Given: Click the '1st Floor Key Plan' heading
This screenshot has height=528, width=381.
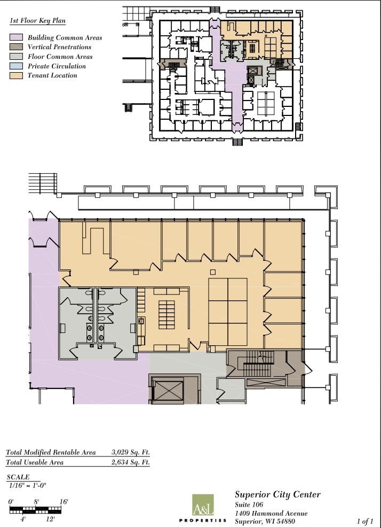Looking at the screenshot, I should [42, 21].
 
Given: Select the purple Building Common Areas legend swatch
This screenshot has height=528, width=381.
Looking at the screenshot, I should [17, 38].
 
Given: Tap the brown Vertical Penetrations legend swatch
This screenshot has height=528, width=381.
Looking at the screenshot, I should [17, 48].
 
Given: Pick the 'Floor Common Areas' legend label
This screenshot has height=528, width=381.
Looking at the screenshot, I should [60, 57].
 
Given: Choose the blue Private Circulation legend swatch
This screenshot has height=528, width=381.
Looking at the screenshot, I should [17, 66].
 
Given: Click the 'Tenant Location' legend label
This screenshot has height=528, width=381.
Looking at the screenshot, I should [52, 76].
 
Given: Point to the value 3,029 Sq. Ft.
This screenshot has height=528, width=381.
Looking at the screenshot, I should [131, 453].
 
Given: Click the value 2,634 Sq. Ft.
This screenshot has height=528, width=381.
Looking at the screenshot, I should [131, 463].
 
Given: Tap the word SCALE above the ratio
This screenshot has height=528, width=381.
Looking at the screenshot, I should [18, 477].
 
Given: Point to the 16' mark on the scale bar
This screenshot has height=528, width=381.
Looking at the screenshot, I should [63, 502].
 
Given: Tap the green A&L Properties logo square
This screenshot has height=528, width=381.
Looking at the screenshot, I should [202, 505].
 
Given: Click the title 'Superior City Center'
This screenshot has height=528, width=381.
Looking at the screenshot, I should [277, 495].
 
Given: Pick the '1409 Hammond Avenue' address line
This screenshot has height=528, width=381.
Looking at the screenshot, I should [271, 514].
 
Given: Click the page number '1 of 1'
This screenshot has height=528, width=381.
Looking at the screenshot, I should [365, 521].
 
